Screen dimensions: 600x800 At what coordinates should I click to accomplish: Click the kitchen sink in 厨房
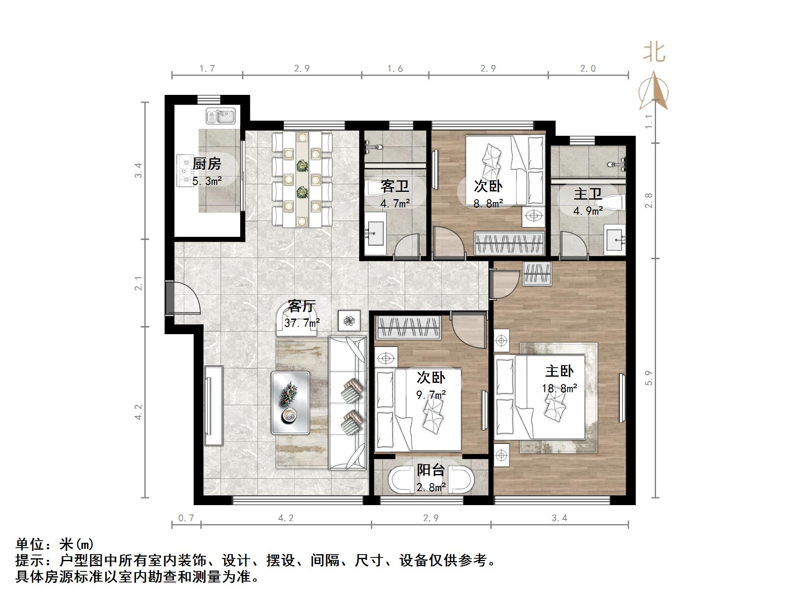pos(220,116)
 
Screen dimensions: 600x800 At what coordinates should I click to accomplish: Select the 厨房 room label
pos(207,164)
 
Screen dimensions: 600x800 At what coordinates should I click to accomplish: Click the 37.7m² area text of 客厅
pos(302,323)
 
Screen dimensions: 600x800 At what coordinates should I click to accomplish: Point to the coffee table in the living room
pos(290,402)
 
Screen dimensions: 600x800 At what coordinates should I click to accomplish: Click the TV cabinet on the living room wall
pos(213,405)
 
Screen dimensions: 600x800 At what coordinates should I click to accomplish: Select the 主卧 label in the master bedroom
pos(559,371)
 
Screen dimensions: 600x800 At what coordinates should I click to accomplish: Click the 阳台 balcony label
pos(431,470)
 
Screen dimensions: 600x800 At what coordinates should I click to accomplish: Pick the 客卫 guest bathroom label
pos(395,186)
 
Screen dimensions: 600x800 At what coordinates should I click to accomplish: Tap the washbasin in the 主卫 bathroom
pos(615,238)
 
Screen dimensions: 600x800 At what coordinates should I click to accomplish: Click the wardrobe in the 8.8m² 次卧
pos(509,243)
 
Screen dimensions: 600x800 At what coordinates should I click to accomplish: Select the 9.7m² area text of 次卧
pos(431,395)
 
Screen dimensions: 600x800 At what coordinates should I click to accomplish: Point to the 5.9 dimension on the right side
pos(649,378)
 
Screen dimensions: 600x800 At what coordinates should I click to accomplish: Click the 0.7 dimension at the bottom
pos(186,518)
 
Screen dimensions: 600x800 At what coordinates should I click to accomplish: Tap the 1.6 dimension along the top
pos(395,69)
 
